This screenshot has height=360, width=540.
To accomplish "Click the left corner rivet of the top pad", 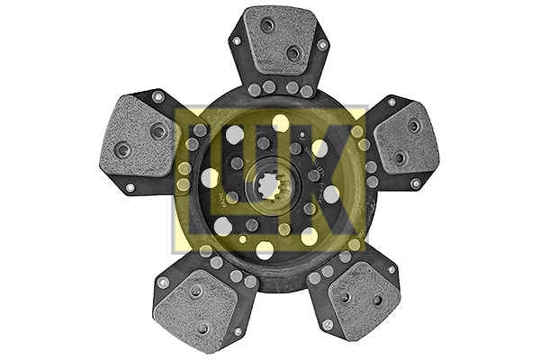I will tap(237, 41).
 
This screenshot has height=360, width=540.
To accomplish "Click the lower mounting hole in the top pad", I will tap(292, 53).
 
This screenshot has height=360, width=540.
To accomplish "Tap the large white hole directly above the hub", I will tap(281, 122).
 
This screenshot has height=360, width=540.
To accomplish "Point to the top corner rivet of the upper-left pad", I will tap(157, 96).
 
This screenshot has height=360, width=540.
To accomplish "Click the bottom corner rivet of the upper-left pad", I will tap(130, 188).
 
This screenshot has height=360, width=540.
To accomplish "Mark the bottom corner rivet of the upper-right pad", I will tap(415, 184).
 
